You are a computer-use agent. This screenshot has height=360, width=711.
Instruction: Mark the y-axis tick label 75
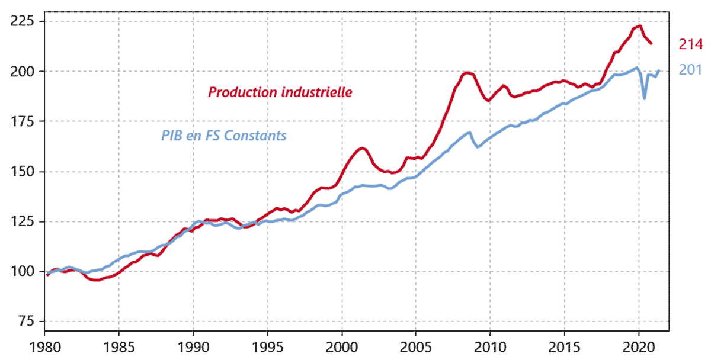click(x=24, y=322)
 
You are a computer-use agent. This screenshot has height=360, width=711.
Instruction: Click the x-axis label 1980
click(x=44, y=346)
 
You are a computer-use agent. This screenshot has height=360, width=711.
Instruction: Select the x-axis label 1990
click(x=193, y=346)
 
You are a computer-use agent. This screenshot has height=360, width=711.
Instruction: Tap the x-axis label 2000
click(x=341, y=346)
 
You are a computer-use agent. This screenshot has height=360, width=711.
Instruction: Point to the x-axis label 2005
click(x=416, y=346)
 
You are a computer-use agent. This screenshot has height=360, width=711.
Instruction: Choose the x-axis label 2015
click(x=565, y=346)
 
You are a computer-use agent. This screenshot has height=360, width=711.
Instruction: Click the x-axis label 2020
click(x=639, y=346)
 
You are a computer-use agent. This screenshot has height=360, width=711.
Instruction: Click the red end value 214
click(x=690, y=44)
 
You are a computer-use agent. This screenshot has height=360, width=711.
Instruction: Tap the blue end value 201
click(x=690, y=70)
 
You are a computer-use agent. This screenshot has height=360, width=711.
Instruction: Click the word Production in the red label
click(x=237, y=93)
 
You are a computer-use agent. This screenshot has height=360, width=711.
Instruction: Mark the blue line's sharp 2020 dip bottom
click(x=645, y=98)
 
